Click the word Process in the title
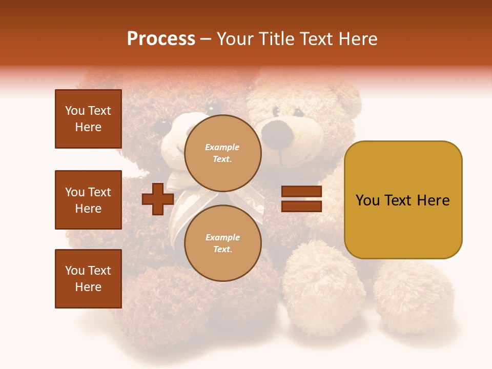161,39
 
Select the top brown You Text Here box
88,119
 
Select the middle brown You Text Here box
88,200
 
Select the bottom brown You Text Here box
88,279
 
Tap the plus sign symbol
157,199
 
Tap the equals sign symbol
301,199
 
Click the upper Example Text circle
222,153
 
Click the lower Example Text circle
222,243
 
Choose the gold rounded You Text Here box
403,200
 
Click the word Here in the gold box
434,200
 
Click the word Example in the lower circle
222,237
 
